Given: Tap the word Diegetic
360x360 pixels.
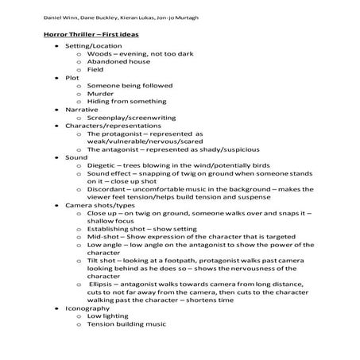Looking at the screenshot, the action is click(101, 185).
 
